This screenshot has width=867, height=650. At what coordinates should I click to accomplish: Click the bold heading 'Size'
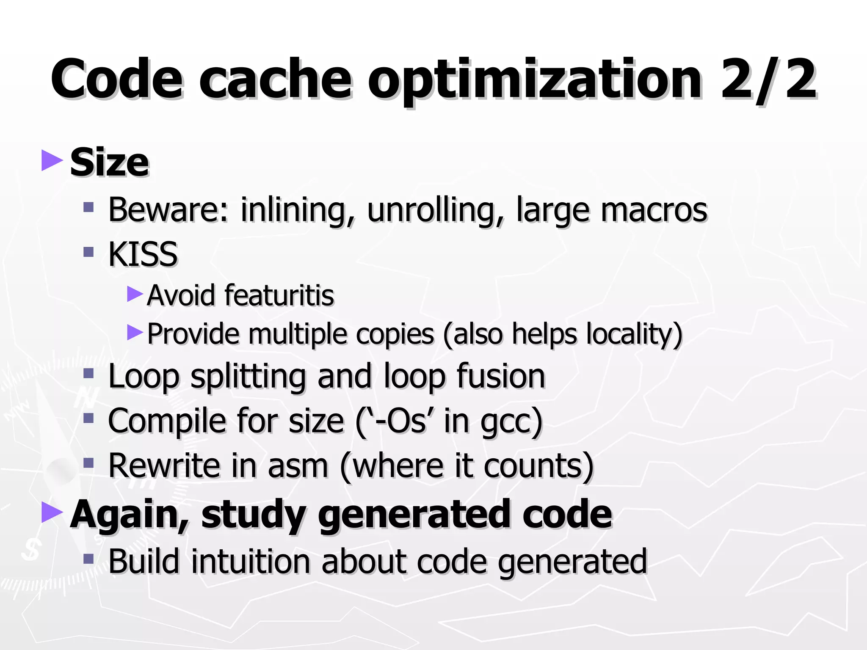tap(109, 162)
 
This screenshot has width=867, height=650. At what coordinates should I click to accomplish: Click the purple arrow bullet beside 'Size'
tap(52, 160)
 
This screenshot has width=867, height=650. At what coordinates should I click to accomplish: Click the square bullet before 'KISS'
tap(88, 252)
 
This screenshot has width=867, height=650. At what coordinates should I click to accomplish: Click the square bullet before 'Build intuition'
tap(88, 559)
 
